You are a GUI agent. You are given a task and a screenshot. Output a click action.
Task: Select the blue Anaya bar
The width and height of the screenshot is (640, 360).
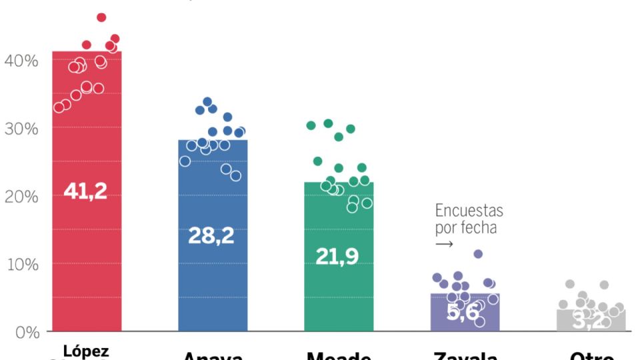(213, 287)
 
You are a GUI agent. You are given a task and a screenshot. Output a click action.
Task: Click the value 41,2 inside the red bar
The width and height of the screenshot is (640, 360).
(85, 191)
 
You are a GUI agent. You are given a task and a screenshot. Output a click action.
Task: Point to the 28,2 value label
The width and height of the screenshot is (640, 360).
(212, 235)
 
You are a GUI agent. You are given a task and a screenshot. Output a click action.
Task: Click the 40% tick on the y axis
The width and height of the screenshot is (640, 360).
(22, 61)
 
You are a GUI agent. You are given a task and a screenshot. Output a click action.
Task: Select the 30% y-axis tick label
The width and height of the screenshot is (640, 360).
(22, 129)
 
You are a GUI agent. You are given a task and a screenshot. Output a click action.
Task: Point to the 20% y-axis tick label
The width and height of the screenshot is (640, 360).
(22, 197)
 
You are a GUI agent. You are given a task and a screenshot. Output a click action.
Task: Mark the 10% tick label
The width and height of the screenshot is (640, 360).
(22, 265)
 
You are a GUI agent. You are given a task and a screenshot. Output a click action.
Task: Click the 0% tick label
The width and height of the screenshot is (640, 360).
(25, 332)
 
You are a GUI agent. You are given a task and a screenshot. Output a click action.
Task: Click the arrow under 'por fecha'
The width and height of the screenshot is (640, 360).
(444, 244)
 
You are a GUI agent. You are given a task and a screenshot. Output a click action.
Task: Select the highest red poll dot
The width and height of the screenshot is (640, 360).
(101, 17)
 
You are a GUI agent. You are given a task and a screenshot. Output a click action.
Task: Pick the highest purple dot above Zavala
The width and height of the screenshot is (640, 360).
(478, 254)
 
